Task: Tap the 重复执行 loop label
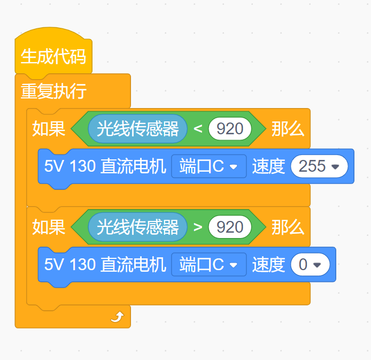click(53, 91)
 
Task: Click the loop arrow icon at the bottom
click(118, 317)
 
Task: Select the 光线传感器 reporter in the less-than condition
click(138, 129)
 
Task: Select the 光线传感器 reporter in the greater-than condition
click(138, 227)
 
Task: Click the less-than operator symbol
click(198, 129)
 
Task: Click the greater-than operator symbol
click(198, 227)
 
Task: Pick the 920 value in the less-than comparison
click(230, 129)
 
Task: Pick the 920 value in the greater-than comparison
click(230, 227)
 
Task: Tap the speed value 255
click(312, 166)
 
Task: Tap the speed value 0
click(303, 264)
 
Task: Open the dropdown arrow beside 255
click(335, 167)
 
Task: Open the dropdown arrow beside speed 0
click(317, 265)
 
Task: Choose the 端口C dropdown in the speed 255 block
click(209, 166)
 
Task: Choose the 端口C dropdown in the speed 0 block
click(209, 264)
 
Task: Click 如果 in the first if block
click(49, 129)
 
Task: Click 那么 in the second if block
click(288, 227)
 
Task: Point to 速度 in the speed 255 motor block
click(268, 166)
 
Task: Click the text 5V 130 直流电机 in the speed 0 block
click(105, 264)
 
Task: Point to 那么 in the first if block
click(288, 129)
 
